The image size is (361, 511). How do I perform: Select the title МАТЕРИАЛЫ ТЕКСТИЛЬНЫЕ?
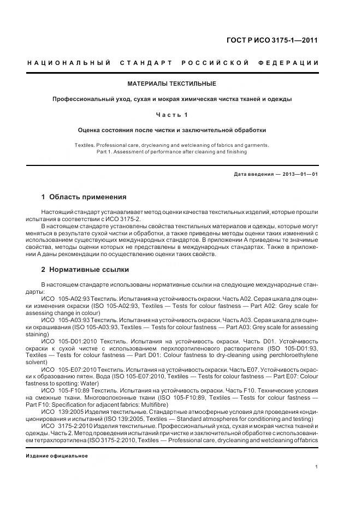(x=172, y=84)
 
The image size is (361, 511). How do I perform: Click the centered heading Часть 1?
(x=172, y=115)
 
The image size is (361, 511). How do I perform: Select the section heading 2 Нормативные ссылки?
(x=85, y=269)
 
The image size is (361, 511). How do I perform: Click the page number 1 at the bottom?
(x=317, y=466)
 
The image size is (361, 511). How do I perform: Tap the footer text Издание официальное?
(x=57, y=455)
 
